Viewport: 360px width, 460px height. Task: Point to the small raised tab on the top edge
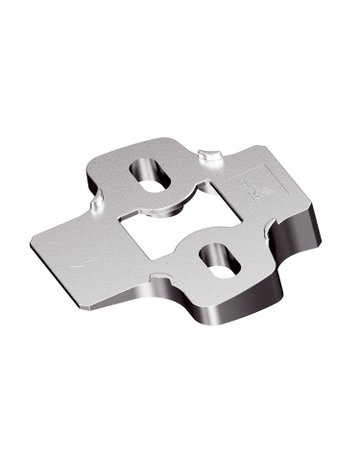pyautogui.click(x=208, y=155)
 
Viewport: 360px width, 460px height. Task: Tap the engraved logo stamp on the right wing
pyautogui.click(x=249, y=182)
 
